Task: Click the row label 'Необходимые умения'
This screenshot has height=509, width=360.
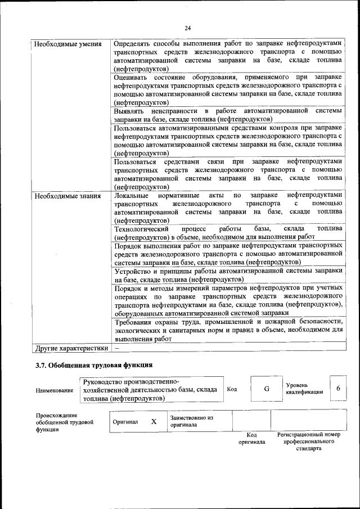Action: click(67, 44)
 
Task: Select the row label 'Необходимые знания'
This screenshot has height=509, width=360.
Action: click(67, 196)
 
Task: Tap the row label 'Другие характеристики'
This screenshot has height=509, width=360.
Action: click(71, 348)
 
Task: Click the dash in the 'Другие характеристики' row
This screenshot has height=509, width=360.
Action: click(116, 348)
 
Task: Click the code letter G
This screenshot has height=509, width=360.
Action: click(267, 389)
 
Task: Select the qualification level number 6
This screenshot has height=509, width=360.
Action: click(338, 389)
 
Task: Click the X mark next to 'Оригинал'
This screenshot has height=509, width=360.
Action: click(154, 421)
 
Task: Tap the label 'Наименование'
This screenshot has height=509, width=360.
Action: click(54, 390)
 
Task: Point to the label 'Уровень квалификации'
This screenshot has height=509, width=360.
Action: click(304, 388)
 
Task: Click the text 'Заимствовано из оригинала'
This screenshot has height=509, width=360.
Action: click(192, 421)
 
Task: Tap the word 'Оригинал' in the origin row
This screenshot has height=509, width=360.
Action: click(125, 421)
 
